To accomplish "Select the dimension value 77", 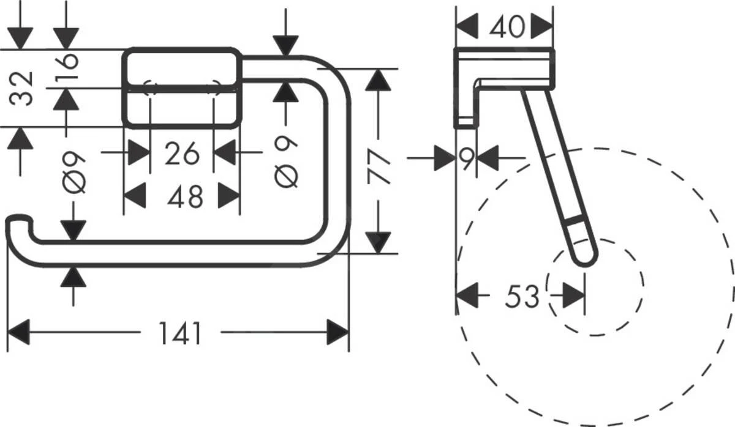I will [x=380, y=168].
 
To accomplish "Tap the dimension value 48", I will [x=185, y=197].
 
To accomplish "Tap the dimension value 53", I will [x=522, y=297].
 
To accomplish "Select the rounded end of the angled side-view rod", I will [x=585, y=258].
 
